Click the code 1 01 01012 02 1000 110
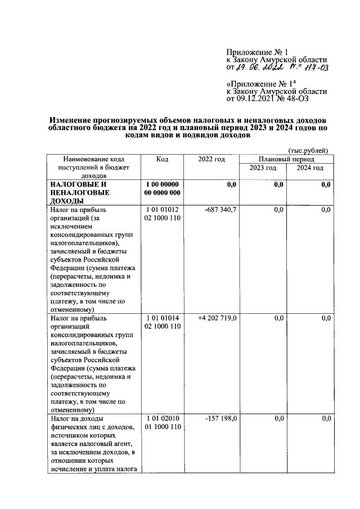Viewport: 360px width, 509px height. pos(162,214)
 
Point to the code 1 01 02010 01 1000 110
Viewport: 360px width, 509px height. pos(162,422)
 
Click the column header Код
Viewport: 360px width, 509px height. pos(162,160)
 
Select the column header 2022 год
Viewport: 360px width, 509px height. pos(211,160)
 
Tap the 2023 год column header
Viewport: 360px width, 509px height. pos(263,168)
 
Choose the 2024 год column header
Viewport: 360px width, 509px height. pos(310,168)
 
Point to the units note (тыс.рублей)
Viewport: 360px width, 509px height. pos(308,150)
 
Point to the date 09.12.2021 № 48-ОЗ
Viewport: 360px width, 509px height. pos(272,99)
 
